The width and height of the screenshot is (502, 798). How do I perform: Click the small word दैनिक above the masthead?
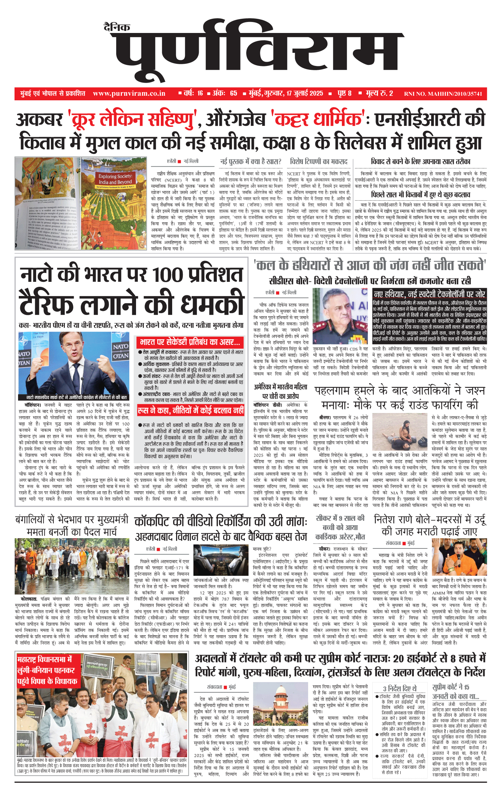pyautogui.click(x=117, y=27)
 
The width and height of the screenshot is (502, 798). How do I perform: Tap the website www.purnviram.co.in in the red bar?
pyautogui.click(x=129, y=94)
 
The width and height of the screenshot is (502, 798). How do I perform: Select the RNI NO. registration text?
pyautogui.click(x=443, y=94)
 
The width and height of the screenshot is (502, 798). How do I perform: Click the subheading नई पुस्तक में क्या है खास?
pyautogui.click(x=250, y=162)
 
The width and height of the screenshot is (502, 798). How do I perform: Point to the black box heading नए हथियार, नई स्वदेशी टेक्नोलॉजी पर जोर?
pyautogui.click(x=429, y=294)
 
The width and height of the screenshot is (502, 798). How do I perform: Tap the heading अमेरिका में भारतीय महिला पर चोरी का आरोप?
pyautogui.click(x=281, y=391)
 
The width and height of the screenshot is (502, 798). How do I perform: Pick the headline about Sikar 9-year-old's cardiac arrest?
pyautogui.click(x=340, y=528)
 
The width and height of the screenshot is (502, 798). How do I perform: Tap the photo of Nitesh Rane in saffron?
pyautogui.click(x=459, y=557)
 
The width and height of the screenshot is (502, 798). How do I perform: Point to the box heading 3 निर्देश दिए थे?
pyautogui.click(x=400, y=688)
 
